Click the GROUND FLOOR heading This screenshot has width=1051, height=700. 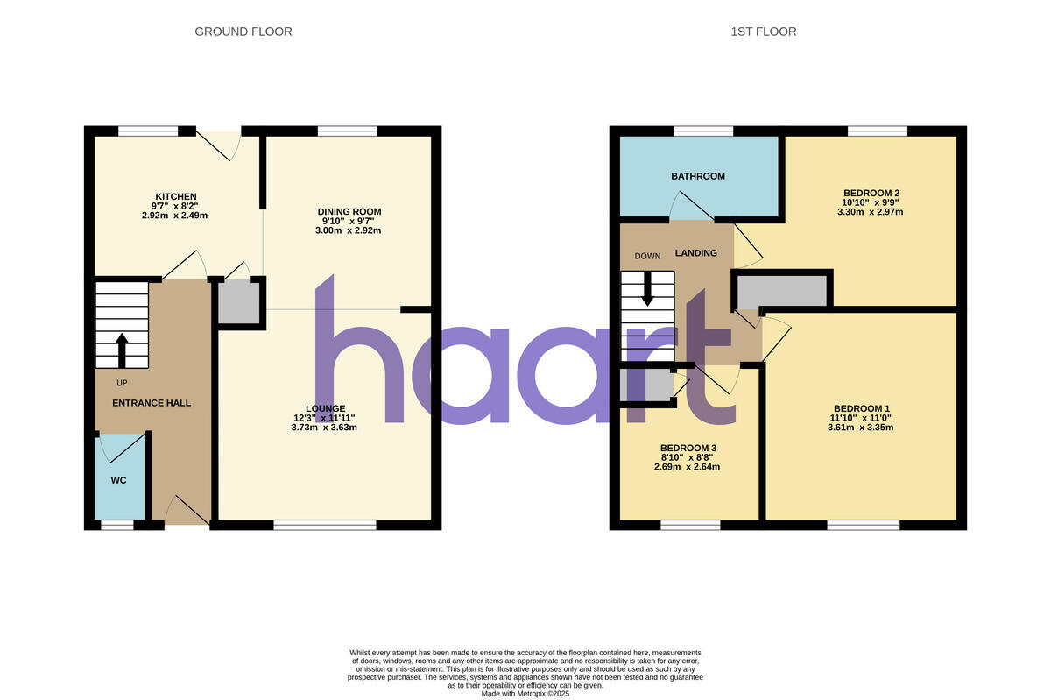pyautogui.click(x=243, y=32)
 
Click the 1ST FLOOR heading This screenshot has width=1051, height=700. pyautogui.click(x=763, y=32)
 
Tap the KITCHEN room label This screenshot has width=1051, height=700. pyautogui.click(x=176, y=196)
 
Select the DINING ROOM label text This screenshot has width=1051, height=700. pyautogui.click(x=349, y=212)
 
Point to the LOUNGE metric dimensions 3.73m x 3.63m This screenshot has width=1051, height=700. pyautogui.click(x=324, y=428)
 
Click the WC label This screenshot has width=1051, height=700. pyautogui.click(x=118, y=481)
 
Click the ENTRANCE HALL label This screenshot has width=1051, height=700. pyautogui.click(x=152, y=403)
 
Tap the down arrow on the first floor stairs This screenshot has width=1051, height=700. pyautogui.click(x=647, y=289)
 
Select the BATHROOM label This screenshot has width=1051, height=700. pyautogui.click(x=698, y=176)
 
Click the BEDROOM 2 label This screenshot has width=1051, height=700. pyautogui.click(x=871, y=193)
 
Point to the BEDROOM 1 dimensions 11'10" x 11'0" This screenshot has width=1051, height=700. pyautogui.click(x=862, y=419)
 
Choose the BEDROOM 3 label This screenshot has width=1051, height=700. pyautogui.click(x=688, y=448)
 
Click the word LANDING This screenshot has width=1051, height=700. pyautogui.click(x=695, y=253)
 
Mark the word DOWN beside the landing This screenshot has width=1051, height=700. pyautogui.click(x=647, y=257)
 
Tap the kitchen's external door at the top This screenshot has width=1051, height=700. pyautogui.click(x=218, y=142)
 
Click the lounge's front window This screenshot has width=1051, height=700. pyautogui.click(x=325, y=525)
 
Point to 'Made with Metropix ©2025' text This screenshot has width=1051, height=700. pyautogui.click(x=525, y=693)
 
